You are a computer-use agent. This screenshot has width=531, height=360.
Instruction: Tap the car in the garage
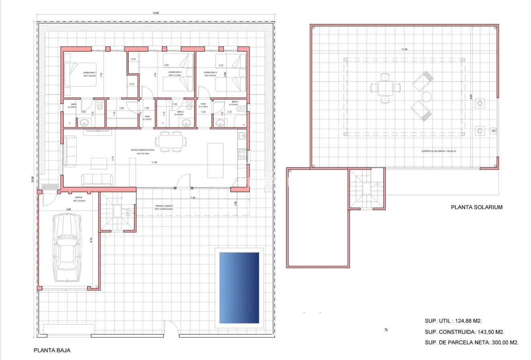coord(67,247)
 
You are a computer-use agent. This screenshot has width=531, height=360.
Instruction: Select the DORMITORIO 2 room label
coord(175,72)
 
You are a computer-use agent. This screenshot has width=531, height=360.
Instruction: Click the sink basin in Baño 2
coord(186,123)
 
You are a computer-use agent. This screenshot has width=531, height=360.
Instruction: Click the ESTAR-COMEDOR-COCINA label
coord(143,150)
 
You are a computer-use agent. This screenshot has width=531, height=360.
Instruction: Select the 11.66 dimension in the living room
coord(154,163)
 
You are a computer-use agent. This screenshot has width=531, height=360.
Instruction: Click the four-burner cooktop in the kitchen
coord(242,154)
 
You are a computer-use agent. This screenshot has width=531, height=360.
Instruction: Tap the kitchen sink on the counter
coord(242,136)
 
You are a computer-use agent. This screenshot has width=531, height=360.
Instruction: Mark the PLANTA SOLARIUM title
coord(477,208)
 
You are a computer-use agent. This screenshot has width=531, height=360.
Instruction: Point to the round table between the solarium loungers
coord(426,97)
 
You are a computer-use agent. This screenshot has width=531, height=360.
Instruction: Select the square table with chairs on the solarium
coord(385,87)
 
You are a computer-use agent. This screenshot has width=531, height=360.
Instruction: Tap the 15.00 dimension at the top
coord(155,13)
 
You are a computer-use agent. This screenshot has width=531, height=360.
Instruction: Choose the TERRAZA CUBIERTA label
coord(164,206)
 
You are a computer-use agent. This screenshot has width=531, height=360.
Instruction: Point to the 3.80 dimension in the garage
coord(68,209)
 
